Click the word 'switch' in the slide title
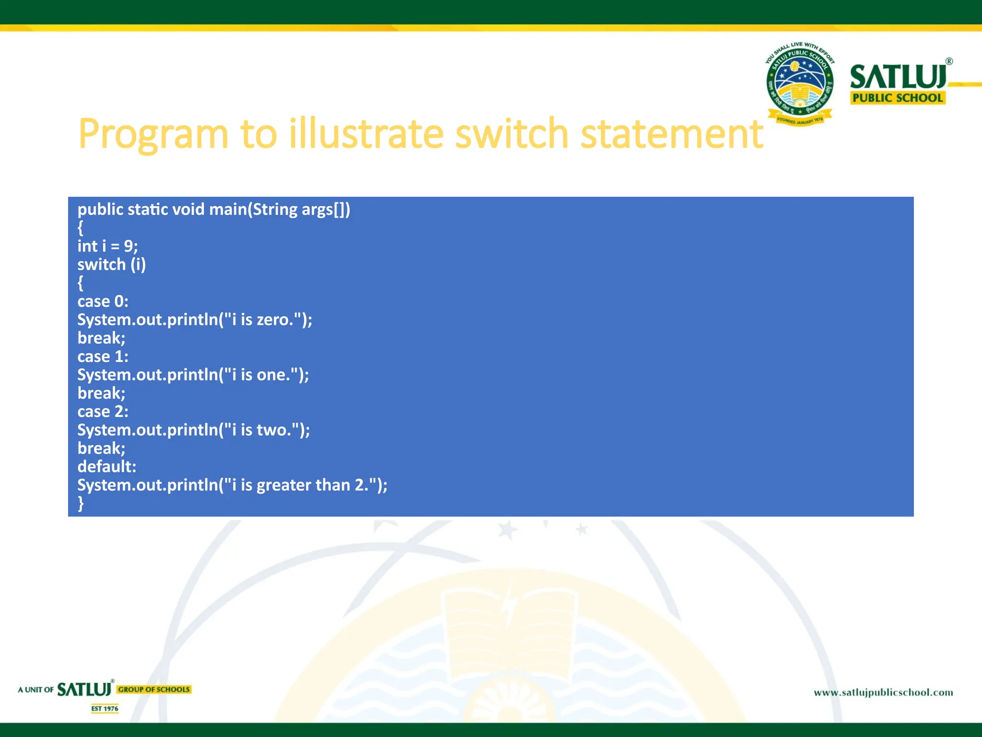coord(511,134)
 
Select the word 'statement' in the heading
coord(671,134)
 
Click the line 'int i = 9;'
coord(108,246)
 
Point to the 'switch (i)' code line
coord(112,264)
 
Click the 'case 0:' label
coord(103,301)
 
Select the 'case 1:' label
coord(103,357)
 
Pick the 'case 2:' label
coord(103,412)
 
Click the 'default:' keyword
coord(107,466)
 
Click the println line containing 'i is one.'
coord(193,375)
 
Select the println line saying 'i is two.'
coord(194,430)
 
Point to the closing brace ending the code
coord(81,503)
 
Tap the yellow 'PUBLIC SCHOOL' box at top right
coord(898,98)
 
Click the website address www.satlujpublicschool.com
coord(883,692)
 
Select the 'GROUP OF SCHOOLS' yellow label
coord(154,689)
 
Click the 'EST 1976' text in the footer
coord(105,709)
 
